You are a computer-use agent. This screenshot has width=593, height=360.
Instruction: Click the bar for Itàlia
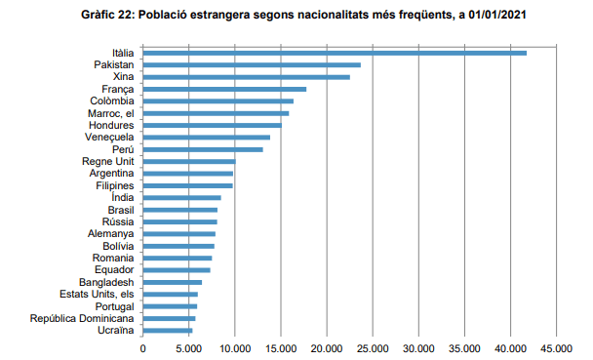335,53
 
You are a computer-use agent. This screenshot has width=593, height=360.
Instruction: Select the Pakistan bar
252,64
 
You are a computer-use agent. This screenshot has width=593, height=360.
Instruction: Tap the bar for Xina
246,76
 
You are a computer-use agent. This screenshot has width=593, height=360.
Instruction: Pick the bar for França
224,89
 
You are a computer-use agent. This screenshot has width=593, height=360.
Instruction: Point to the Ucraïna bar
168,331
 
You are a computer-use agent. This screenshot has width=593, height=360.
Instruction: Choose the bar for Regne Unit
189,161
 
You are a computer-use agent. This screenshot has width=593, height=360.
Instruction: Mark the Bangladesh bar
173,282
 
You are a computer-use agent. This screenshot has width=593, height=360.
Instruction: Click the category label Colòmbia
112,100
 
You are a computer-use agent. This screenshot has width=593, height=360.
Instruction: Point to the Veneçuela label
109,137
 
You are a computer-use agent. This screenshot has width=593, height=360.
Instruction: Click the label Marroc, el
110,113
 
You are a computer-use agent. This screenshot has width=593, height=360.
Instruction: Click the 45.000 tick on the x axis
556,347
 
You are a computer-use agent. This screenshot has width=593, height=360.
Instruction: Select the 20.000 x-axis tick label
327,347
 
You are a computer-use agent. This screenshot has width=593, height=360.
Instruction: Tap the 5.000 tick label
188,347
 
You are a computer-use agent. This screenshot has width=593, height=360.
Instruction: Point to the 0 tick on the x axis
143,347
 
